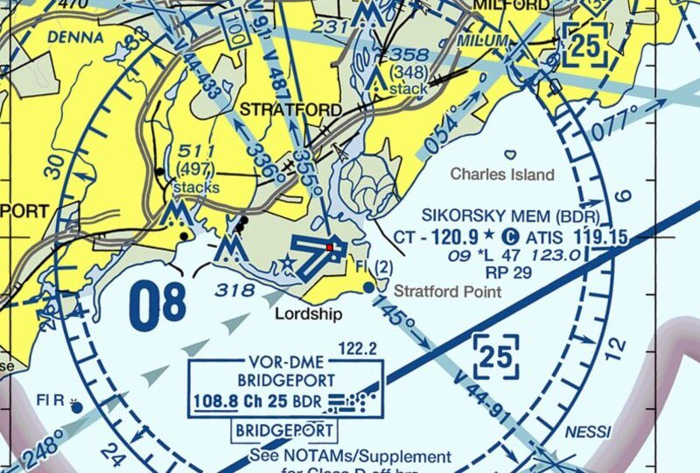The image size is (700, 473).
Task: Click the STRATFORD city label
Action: pyautogui.click(x=290, y=109)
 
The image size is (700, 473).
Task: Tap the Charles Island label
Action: pyautogui.click(x=501, y=174)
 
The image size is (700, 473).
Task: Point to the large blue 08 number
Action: pyautogui.click(x=157, y=302)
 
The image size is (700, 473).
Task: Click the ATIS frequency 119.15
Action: pyautogui.click(x=601, y=236)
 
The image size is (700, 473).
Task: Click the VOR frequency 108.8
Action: pyautogui.click(x=216, y=403)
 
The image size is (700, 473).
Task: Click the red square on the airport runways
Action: pyautogui.click(x=330, y=248)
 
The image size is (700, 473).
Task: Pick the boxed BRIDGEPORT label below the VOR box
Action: pyautogui.click(x=284, y=431)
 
